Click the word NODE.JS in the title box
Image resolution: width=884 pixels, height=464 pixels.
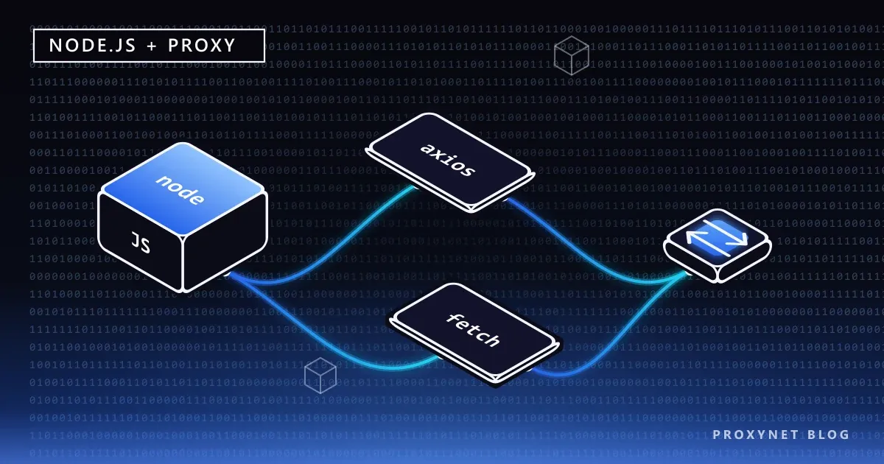click(x=92, y=46)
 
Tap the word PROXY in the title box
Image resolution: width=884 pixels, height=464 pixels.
click(x=202, y=46)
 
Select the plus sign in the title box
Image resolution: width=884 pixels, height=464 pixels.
click(x=152, y=46)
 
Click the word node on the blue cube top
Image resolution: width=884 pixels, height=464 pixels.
click(x=180, y=190)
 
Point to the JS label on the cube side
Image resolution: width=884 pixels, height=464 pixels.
click(x=141, y=242)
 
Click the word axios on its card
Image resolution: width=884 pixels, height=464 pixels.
click(x=448, y=159)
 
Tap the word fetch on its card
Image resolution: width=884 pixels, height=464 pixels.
click(x=473, y=330)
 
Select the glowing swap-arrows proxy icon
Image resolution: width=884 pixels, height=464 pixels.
click(x=717, y=245)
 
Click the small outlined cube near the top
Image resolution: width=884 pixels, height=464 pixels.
click(x=572, y=55)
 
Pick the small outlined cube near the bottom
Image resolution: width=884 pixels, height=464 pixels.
click(x=320, y=375)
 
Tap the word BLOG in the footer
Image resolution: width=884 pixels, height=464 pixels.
click(x=828, y=435)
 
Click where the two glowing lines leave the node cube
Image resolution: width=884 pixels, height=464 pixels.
click(x=230, y=273)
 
